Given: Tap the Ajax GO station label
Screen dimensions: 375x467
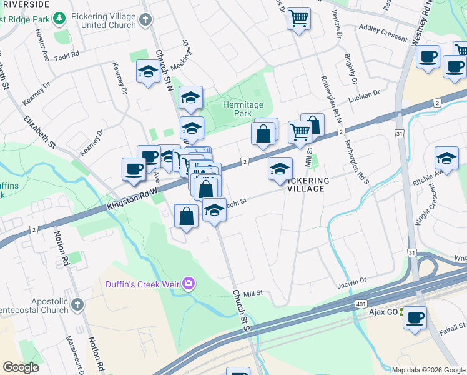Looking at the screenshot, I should (x=383, y=312).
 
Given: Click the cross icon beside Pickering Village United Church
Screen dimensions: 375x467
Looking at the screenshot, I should (x=145, y=19).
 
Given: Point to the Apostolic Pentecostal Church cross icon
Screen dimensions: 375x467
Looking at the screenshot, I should (x=77, y=304).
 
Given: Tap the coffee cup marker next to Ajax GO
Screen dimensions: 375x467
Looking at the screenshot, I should (x=415, y=317).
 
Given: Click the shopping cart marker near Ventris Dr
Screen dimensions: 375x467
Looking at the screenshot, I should (x=299, y=18).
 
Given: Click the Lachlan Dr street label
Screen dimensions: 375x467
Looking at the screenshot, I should (x=365, y=94).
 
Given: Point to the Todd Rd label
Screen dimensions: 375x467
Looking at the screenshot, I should (x=67, y=56).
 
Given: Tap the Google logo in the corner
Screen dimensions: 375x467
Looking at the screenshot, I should (x=21, y=367).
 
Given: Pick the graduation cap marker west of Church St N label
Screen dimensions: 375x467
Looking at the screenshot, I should (x=148, y=72).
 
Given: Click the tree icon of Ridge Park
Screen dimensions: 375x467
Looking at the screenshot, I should (x=59, y=19).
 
